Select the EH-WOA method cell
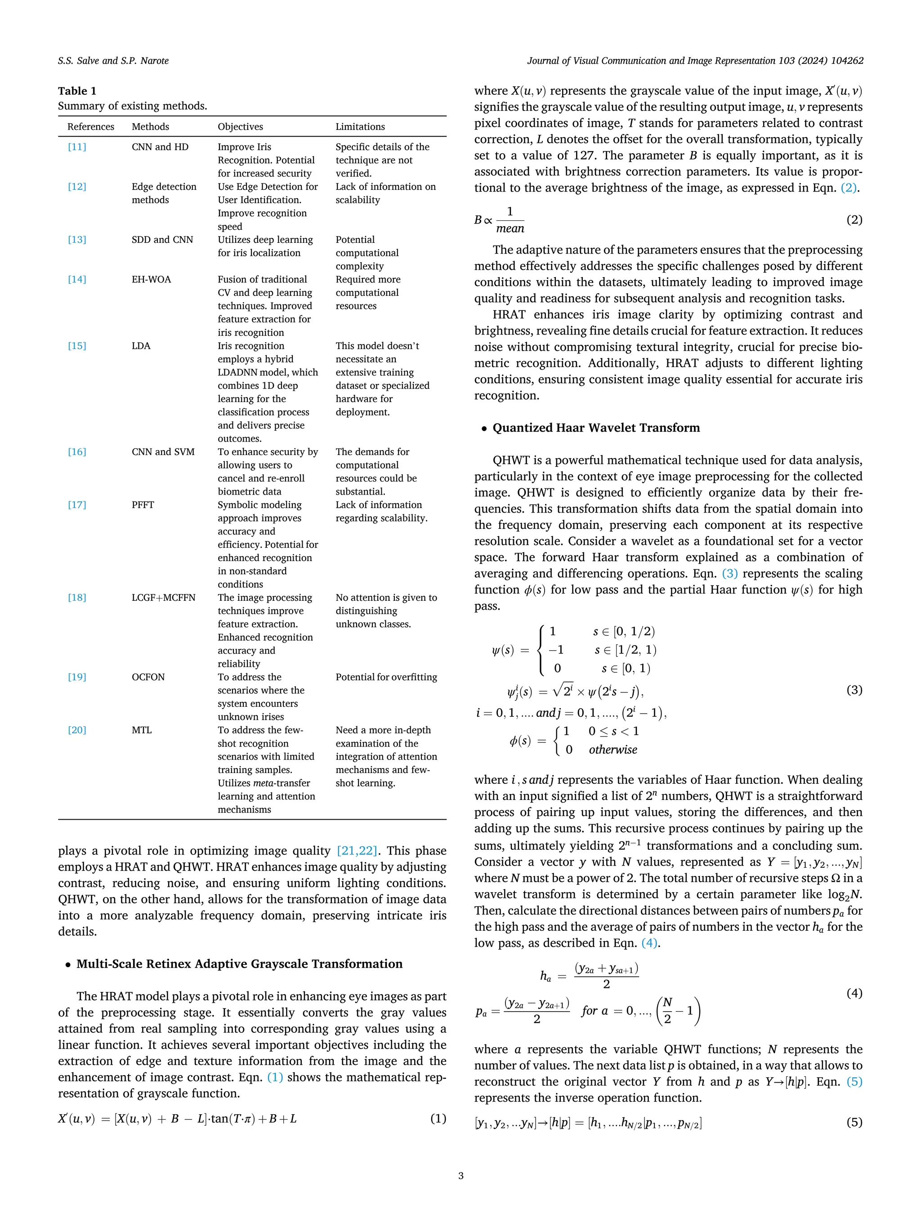click(151, 279)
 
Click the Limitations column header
click(360, 126)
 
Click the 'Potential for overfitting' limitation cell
click(386, 677)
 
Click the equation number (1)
click(438, 1118)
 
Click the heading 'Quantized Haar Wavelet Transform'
click(596, 428)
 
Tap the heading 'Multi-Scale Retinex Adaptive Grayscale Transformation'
click(239, 964)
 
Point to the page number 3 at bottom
click(460, 1175)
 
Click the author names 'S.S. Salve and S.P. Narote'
click(113, 61)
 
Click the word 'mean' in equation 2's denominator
click(510, 228)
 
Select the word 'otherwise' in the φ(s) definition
click(613, 750)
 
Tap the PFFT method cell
click(143, 505)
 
